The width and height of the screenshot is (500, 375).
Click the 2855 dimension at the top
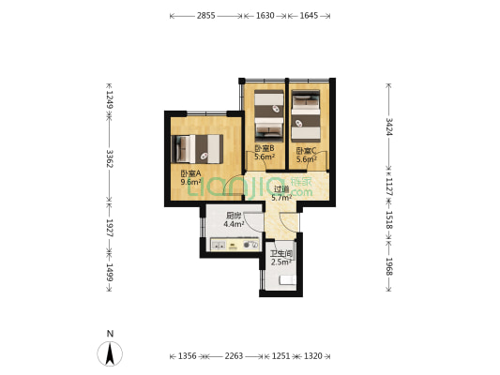[206, 16]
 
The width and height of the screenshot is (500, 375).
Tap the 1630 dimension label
[265, 16]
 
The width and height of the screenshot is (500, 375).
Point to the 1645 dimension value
[309, 16]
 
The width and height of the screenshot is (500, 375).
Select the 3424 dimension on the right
[389, 127]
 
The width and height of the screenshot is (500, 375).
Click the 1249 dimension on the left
[110, 99]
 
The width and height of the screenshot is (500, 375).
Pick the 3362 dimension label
[110, 158]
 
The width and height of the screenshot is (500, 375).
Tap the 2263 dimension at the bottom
[234, 356]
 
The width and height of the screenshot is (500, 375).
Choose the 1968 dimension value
[389, 266]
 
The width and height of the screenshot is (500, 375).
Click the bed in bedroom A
[197, 149]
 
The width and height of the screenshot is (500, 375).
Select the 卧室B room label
[265, 148]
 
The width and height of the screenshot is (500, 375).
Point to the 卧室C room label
[306, 151]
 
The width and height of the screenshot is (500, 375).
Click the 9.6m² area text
[190, 182]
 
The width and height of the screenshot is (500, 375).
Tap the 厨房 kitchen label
[234, 216]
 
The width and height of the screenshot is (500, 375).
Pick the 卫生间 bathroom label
[281, 254]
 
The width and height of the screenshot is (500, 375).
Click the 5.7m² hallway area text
[281, 198]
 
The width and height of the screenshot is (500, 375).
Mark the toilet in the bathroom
[287, 280]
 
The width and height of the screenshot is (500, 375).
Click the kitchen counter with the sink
[235, 245]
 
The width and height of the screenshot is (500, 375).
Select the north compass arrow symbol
[110, 353]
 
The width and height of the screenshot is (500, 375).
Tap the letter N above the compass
[110, 334]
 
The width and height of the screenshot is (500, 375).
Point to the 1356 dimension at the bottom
[188, 356]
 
